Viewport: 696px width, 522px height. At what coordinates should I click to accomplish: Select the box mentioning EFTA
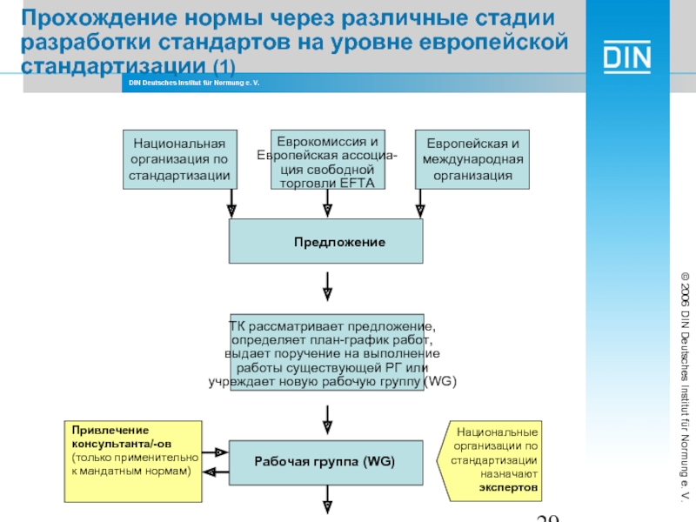(x=326, y=160)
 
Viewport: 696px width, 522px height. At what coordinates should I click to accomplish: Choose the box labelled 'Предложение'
(x=326, y=241)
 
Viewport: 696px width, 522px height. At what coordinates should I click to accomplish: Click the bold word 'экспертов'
(x=508, y=489)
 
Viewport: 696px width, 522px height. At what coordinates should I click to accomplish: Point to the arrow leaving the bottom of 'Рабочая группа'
(x=327, y=501)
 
